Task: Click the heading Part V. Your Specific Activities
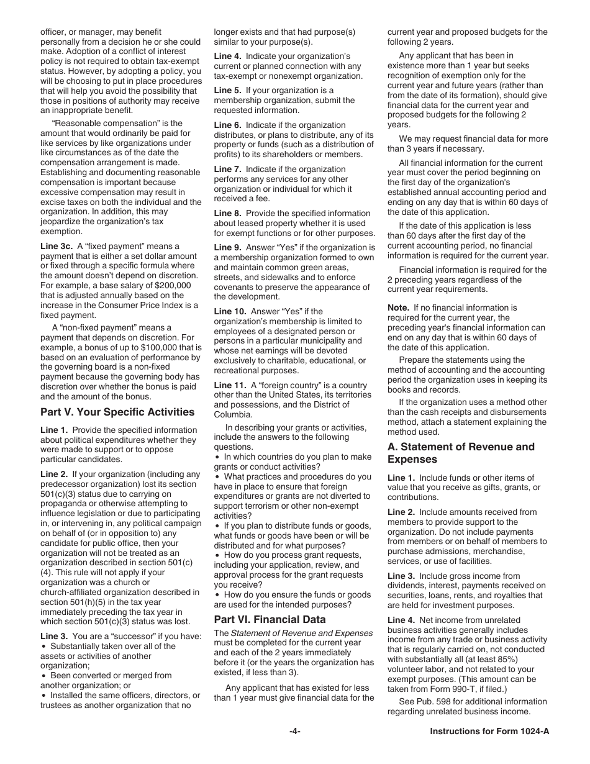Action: pos(117,412)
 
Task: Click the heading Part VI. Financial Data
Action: pos(270,619)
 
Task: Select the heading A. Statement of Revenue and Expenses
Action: pos(461,453)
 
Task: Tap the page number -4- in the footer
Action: pos(294,731)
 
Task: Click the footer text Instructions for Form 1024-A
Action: pos(489,731)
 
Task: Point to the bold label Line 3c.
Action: pos(57,246)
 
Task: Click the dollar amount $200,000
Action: pos(170,285)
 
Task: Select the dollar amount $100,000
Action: pos(168,347)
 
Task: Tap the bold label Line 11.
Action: pos(230,385)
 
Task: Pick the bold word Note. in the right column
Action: pos(398,307)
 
